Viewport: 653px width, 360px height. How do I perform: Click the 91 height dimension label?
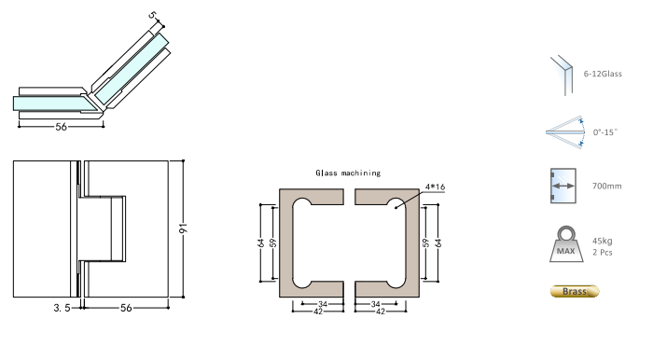pos(184,228)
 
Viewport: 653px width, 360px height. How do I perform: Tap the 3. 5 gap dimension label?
pos(63,308)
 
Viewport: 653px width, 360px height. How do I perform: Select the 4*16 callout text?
pos(435,187)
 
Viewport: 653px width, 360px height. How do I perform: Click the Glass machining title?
pos(348,173)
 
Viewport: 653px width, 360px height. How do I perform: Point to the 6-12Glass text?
pos(603,74)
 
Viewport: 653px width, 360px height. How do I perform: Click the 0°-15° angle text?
pos(605,132)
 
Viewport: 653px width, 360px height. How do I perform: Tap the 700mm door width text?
pos(606,186)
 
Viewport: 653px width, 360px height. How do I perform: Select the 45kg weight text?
pos(603,241)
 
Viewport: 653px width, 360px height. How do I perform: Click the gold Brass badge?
pos(575,291)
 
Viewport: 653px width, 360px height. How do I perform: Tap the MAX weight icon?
pos(566,244)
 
